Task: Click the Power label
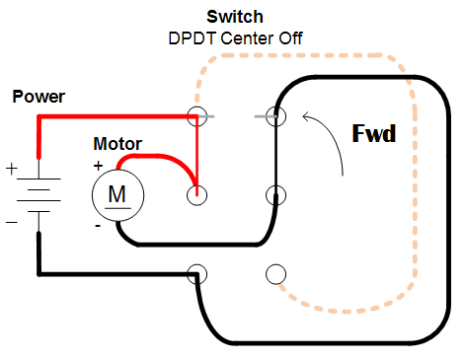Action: (x=38, y=97)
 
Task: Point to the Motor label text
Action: (x=117, y=144)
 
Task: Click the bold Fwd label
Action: (x=374, y=132)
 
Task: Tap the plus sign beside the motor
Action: (x=98, y=165)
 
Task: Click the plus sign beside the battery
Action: (x=13, y=169)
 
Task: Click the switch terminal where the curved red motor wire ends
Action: (x=196, y=194)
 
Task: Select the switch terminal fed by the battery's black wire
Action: (x=196, y=272)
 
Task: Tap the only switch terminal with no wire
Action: (x=275, y=272)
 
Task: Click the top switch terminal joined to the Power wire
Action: (x=196, y=116)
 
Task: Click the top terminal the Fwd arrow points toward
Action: (x=275, y=116)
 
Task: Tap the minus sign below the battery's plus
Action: (x=13, y=223)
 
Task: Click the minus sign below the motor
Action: (x=98, y=226)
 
